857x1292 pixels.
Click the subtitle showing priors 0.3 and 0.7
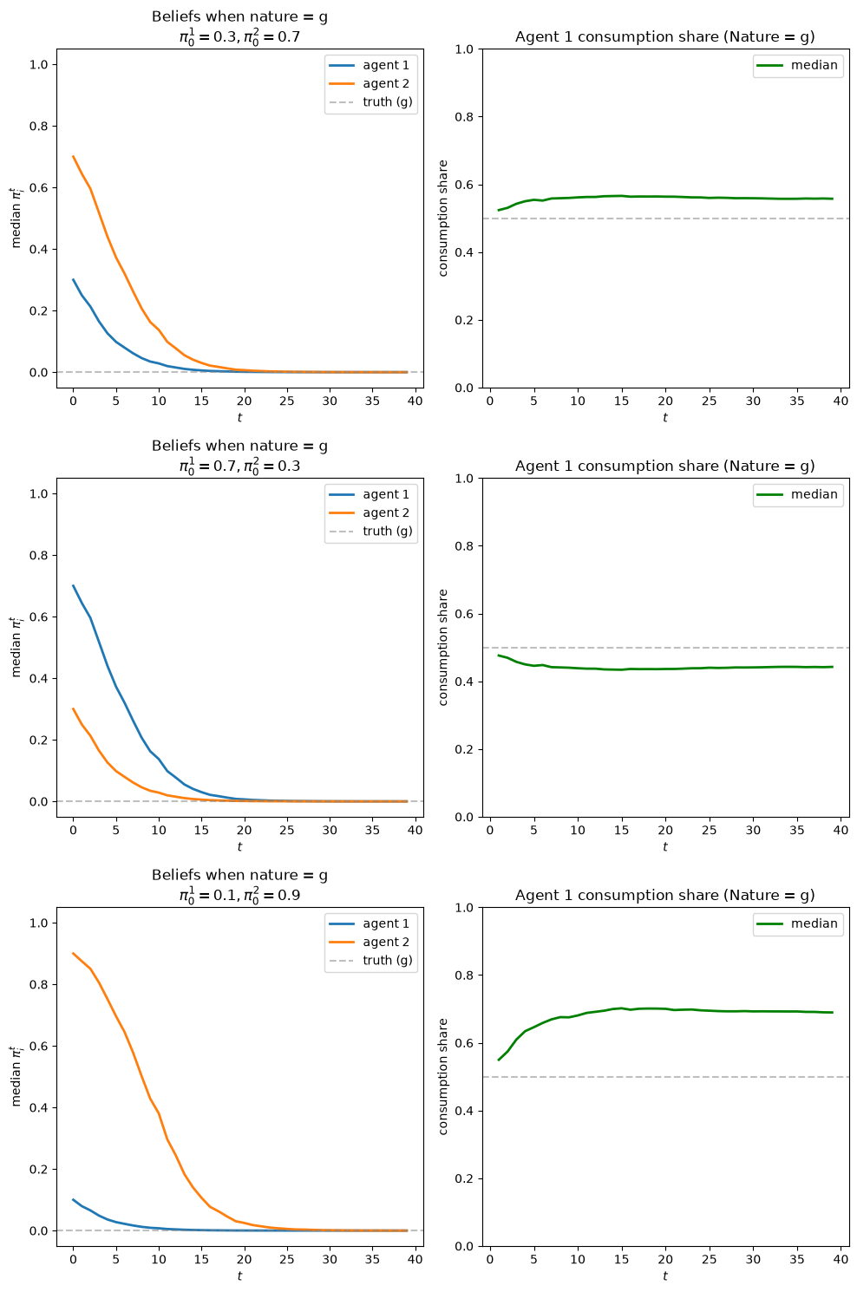(239, 37)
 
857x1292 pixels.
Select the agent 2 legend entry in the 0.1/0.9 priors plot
(370, 942)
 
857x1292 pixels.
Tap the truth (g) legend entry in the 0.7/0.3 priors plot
(370, 531)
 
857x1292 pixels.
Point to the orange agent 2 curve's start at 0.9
(73, 953)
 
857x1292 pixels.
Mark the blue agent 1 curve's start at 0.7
(73, 585)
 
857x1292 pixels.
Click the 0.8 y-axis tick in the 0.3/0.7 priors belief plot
(39, 127)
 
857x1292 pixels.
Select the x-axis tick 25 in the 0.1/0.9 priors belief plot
(287, 1259)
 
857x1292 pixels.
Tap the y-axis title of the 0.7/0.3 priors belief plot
(15, 647)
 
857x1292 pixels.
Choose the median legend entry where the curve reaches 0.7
(799, 923)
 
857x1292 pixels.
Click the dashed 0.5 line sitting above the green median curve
(665, 648)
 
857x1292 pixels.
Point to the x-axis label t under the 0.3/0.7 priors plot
(239, 417)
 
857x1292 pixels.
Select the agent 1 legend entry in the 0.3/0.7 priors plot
(370, 65)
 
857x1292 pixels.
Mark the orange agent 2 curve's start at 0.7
(73, 156)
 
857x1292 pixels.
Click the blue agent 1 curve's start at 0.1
(73, 1199)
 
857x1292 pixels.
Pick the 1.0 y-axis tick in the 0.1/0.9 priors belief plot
(39, 923)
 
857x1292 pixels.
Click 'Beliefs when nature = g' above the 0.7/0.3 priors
(239, 446)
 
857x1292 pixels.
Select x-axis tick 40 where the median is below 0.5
(841, 830)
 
